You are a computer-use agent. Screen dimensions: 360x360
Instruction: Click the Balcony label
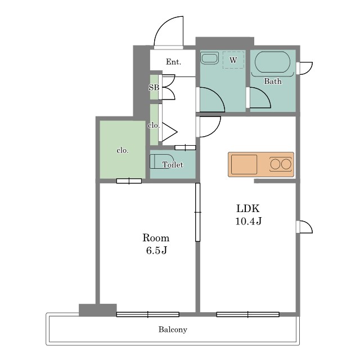[173, 330]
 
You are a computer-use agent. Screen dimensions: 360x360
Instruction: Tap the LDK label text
[248, 209]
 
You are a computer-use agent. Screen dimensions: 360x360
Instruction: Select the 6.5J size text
[156, 250]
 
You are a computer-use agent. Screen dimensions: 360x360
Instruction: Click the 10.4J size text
[249, 221]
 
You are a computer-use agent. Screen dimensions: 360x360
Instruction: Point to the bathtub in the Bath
[272, 62]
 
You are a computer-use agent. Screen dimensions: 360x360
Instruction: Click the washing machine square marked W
[233, 60]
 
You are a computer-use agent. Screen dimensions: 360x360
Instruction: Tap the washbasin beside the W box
[209, 58]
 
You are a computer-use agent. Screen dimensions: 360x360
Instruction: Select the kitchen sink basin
[244, 164]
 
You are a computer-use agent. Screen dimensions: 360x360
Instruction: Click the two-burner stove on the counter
[281, 164]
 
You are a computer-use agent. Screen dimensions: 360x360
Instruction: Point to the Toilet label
[173, 165]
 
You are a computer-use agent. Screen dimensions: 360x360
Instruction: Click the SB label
[154, 88]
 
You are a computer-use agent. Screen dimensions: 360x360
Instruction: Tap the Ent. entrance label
[173, 62]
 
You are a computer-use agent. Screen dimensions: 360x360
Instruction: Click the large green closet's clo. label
[123, 151]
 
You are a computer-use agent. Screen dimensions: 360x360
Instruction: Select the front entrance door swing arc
[161, 24]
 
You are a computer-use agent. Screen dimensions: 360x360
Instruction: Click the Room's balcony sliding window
[147, 314]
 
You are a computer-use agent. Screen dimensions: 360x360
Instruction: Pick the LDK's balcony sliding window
[247, 314]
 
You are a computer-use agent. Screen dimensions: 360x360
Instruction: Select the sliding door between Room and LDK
[197, 212]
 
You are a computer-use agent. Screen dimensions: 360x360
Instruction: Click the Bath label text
[272, 81]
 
